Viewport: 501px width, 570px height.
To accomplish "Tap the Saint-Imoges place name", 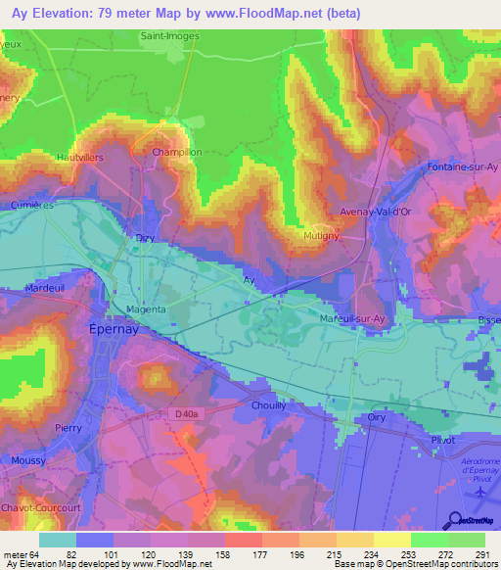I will [171, 36].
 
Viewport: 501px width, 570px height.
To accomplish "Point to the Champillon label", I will [175, 154].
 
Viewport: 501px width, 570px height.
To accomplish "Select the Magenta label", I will [146, 309].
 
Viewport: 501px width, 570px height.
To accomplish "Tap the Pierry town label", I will [68, 428].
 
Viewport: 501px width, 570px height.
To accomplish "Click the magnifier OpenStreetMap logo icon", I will [456, 520].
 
